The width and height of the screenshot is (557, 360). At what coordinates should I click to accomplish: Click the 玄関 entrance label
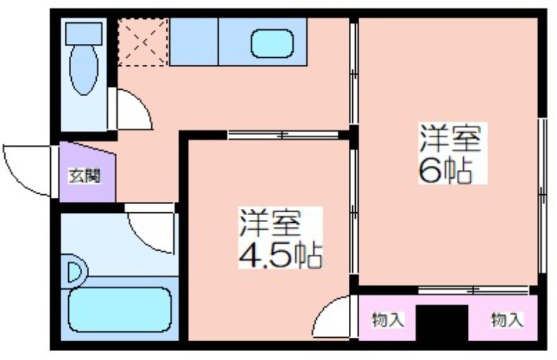(84, 176)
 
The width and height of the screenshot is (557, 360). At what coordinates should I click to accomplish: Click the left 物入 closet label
(388, 320)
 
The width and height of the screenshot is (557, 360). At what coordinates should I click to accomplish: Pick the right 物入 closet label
(508, 320)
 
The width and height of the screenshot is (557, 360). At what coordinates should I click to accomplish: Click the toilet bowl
(84, 70)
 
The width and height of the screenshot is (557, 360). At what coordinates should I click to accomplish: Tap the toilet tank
(84, 33)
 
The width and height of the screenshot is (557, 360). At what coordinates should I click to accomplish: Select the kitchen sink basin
(272, 44)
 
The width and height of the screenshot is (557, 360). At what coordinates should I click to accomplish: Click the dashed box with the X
(143, 42)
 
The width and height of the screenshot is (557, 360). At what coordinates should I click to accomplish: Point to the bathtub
(120, 310)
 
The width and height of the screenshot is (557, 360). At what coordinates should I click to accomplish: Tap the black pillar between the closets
(442, 322)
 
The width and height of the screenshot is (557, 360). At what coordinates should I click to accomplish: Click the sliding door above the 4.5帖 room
(283, 135)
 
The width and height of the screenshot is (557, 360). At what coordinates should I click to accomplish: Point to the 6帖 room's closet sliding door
(473, 290)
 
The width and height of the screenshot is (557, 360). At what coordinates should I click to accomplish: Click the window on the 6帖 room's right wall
(542, 196)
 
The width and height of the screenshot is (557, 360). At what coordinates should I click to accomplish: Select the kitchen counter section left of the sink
(194, 42)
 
